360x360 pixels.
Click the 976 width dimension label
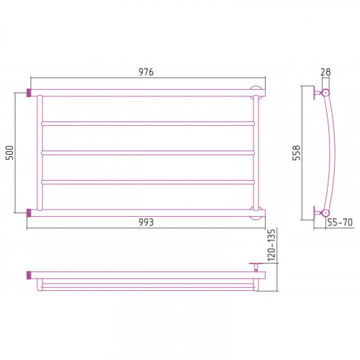146,72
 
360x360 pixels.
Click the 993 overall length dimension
146,222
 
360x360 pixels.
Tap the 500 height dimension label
10,153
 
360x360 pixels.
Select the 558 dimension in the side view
297,153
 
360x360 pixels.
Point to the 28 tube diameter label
325,72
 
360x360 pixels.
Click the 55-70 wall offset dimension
340,222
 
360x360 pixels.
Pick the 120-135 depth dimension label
271,245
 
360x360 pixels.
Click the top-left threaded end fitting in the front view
29,93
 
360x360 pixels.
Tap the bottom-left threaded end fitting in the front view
29,213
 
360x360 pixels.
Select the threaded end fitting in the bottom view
29,275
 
